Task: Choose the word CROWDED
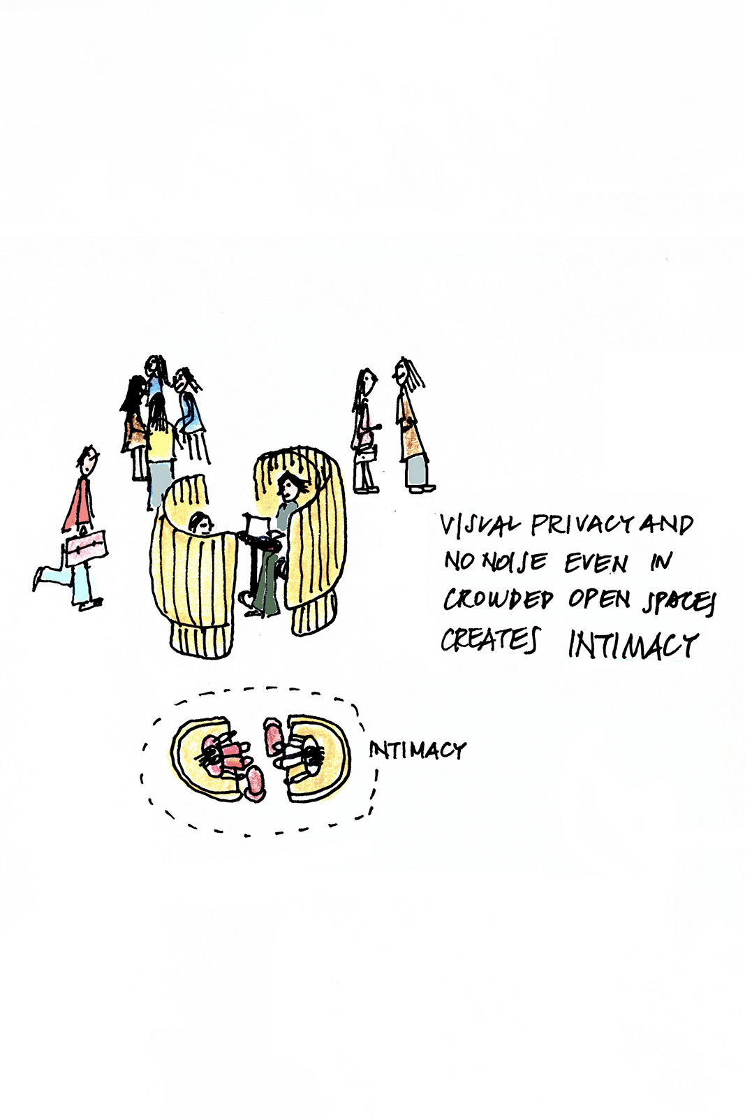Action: point(498,600)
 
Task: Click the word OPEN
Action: point(599,600)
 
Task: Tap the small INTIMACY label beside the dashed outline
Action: point(417,750)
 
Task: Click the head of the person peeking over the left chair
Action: point(200,522)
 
